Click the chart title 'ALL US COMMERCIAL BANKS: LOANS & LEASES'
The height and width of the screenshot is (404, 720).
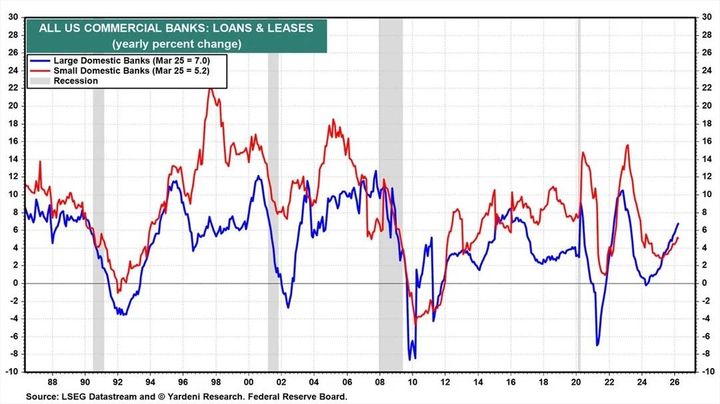click(x=176, y=28)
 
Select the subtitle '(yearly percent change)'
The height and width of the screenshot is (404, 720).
click(x=176, y=44)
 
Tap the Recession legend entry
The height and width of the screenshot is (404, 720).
click(x=75, y=81)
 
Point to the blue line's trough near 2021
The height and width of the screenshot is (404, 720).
click(x=597, y=345)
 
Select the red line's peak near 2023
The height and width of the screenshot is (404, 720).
click(x=627, y=145)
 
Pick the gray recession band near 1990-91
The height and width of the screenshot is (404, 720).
click(x=98, y=200)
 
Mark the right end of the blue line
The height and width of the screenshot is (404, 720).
click(x=679, y=224)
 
